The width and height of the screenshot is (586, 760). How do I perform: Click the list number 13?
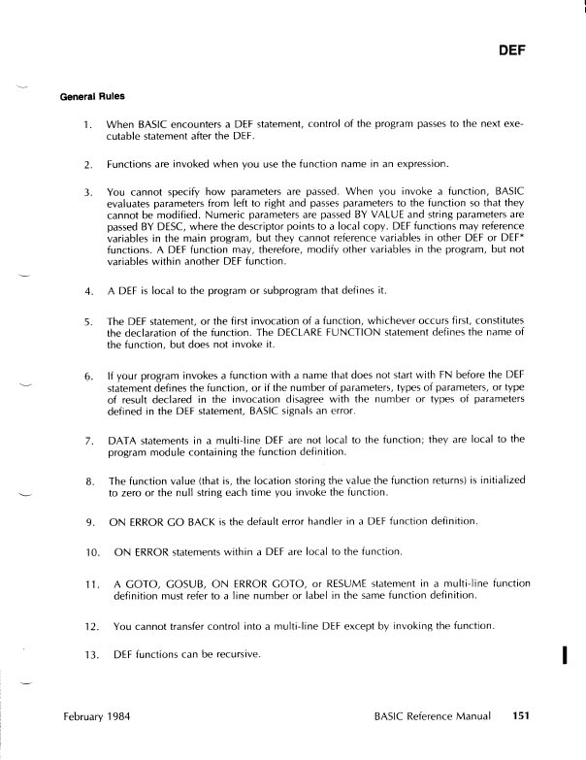click(x=90, y=654)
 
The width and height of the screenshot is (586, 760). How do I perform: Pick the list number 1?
click(x=88, y=125)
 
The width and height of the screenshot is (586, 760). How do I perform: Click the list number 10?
click(x=90, y=551)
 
